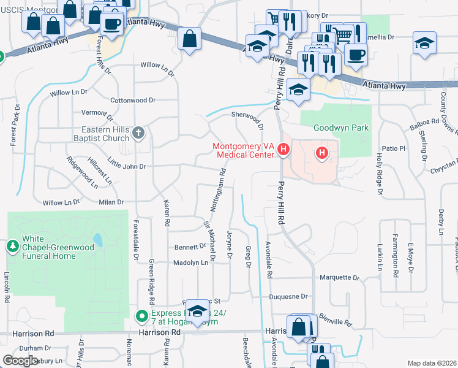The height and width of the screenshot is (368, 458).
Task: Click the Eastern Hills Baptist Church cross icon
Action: coord(139,132)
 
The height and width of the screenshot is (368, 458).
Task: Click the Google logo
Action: coord(20,361)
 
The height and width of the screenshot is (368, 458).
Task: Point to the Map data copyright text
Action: coord(431,363)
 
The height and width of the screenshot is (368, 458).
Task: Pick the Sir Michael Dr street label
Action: coord(209,241)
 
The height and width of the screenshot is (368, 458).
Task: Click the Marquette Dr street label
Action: coord(340,277)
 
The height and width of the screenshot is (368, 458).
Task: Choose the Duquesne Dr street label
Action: coord(288,296)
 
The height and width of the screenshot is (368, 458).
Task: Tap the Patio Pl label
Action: coord(394,148)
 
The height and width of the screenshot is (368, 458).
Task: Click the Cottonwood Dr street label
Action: coord(133,100)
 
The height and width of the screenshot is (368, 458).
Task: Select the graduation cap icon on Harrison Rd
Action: coord(197,311)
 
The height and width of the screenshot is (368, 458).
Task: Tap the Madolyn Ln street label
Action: coord(191,263)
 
